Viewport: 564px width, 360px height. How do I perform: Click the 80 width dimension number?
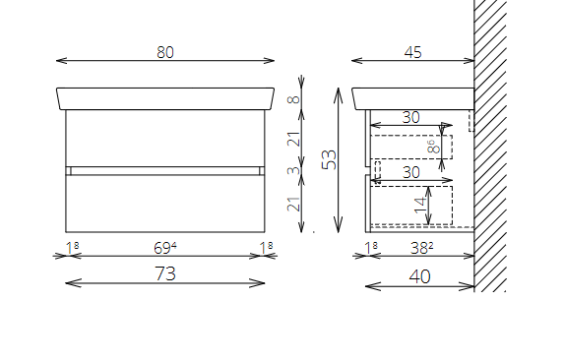click(x=165, y=52)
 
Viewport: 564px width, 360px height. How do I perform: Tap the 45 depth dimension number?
click(x=412, y=52)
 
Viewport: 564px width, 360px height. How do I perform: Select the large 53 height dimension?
click(x=330, y=159)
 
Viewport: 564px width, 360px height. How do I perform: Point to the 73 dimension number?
click(x=165, y=273)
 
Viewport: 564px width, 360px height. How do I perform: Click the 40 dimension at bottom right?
click(x=419, y=276)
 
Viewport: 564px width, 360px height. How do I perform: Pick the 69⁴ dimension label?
click(x=165, y=248)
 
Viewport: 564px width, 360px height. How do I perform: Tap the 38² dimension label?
click(x=422, y=248)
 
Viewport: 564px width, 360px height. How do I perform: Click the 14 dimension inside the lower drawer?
click(x=420, y=206)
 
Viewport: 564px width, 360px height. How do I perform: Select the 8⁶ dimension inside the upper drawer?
click(x=433, y=147)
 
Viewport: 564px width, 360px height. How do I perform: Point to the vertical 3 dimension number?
click(x=293, y=170)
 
